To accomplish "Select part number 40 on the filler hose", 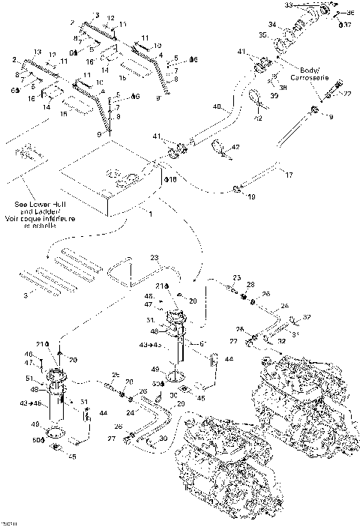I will click(216, 108).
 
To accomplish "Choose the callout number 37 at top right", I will click(347, 24).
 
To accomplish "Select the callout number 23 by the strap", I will click(154, 256).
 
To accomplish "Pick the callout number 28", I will click(250, 285).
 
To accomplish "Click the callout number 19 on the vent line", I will click(252, 197).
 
